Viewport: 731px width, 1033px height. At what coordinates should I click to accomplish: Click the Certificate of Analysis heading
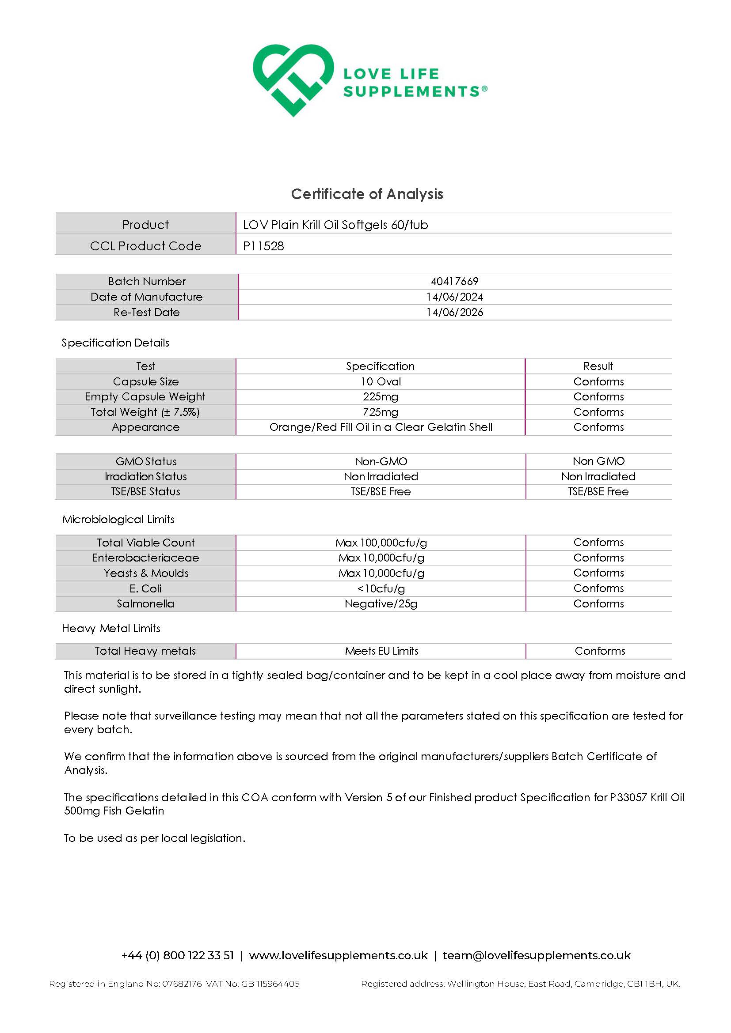point(367,194)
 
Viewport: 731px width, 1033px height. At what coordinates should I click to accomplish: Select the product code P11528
point(263,245)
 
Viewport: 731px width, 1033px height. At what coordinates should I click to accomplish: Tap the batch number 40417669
point(454,281)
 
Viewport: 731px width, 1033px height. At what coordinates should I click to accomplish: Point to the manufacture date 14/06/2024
point(454,297)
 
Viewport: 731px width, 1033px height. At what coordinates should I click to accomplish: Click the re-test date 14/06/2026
point(454,312)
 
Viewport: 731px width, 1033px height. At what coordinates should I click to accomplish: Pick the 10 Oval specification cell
point(381,381)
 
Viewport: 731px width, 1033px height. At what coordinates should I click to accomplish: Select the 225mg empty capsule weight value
point(381,397)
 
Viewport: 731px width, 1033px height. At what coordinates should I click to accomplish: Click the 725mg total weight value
point(381,412)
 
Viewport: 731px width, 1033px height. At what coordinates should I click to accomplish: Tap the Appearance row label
point(145,427)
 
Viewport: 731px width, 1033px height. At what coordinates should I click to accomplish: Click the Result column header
point(598,366)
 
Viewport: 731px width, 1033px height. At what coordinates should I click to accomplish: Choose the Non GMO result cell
point(598,461)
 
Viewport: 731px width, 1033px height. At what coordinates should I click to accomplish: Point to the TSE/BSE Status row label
point(145,492)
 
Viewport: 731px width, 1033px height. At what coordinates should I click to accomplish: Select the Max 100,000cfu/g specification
point(381,543)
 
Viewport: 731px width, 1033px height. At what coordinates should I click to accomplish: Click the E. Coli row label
point(145,588)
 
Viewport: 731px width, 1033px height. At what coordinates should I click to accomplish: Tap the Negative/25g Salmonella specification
point(381,604)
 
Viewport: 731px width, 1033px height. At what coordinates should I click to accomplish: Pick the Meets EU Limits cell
point(381,651)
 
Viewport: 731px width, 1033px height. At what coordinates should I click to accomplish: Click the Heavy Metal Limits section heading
point(111,629)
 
